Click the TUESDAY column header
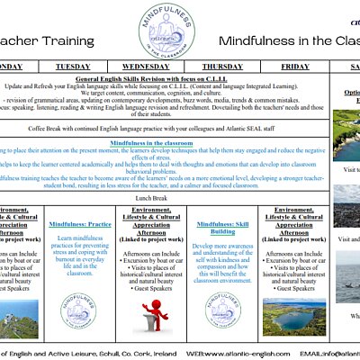pyautogui.click(x=73, y=67)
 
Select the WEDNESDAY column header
pyautogui.click(x=146, y=67)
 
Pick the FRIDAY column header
pyautogui.click(x=295, y=67)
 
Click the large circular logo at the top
pyautogui.click(x=169, y=30)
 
